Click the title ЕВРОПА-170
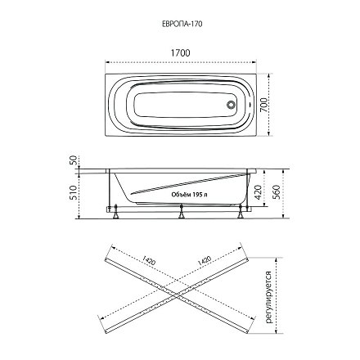[182, 24]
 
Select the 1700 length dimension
[180, 53]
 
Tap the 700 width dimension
[263, 105]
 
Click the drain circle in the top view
[232, 105]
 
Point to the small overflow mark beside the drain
[250, 105]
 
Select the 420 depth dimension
[258, 191]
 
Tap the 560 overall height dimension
[277, 192]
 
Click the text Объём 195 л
[189, 195]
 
